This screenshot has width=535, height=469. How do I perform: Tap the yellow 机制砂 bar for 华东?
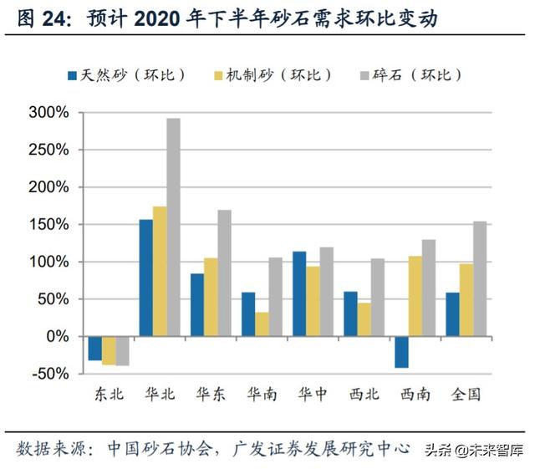pos(211,297)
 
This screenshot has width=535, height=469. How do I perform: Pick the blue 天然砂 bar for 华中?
pos(300,293)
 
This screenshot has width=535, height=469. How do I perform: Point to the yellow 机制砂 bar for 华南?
pos(262,324)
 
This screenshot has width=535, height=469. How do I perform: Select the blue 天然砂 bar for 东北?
pos(94,348)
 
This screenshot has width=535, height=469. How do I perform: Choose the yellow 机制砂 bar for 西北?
pos(364,319)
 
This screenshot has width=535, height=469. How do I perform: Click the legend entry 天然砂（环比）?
pos(125,75)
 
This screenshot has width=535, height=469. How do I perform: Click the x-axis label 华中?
pos(312,394)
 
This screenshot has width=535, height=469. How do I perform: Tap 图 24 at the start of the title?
pos(40,17)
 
